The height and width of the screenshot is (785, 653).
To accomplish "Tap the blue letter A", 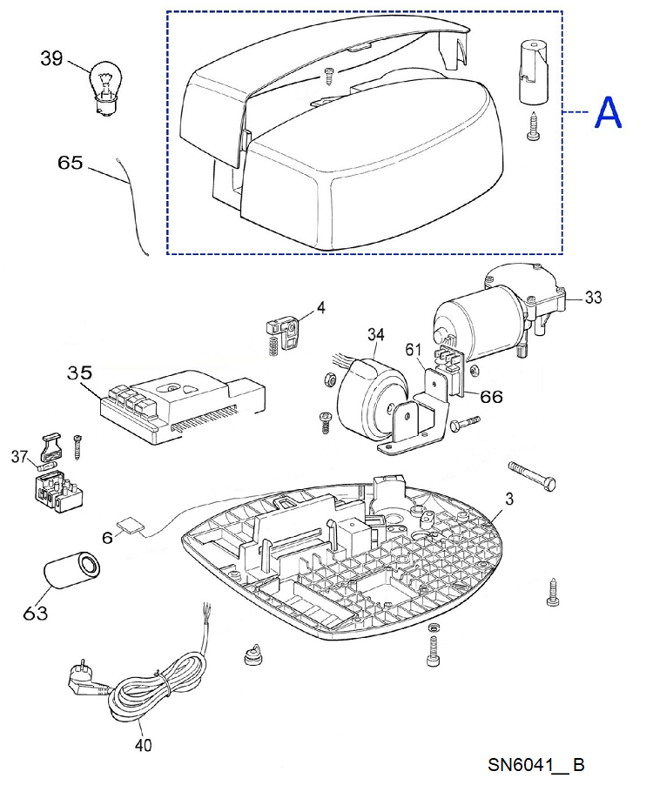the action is click(x=608, y=112).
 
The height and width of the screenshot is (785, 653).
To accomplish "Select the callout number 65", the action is click(x=71, y=162).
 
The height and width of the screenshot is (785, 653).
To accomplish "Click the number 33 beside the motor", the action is click(x=593, y=297).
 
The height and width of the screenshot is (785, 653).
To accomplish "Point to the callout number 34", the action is click(x=375, y=334).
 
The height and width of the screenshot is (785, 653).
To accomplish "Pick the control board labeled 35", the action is click(x=183, y=406).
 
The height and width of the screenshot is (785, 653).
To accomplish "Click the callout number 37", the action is click(x=19, y=456).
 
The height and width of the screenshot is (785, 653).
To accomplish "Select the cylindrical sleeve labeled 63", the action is click(x=71, y=571).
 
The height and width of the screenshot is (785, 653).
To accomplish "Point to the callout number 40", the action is click(x=143, y=746).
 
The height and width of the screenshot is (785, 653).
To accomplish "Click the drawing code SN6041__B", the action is click(x=536, y=764).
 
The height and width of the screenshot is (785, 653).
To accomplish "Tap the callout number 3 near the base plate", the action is click(x=509, y=499).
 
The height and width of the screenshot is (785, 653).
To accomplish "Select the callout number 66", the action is click(x=491, y=397).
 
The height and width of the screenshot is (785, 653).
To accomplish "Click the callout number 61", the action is click(x=414, y=349).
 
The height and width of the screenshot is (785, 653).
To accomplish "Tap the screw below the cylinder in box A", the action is click(x=533, y=125).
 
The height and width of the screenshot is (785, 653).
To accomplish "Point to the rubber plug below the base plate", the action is click(x=253, y=655).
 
